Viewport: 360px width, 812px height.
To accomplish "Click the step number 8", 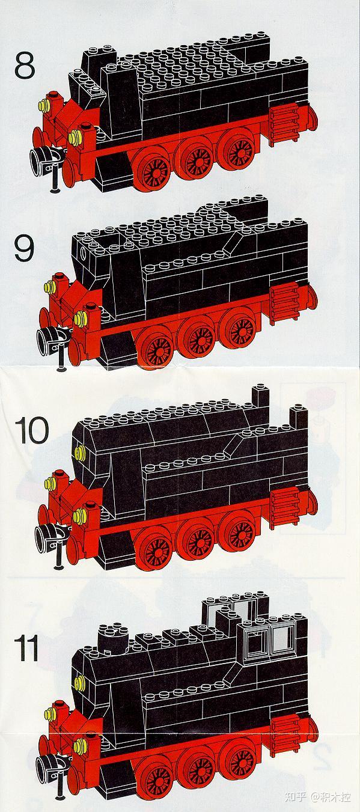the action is pos(25,66).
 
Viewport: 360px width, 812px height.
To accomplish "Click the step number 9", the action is pos(24,247).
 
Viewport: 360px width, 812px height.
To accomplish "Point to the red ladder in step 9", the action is pos(284,303).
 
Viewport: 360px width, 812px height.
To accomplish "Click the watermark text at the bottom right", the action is pos(317,797).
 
